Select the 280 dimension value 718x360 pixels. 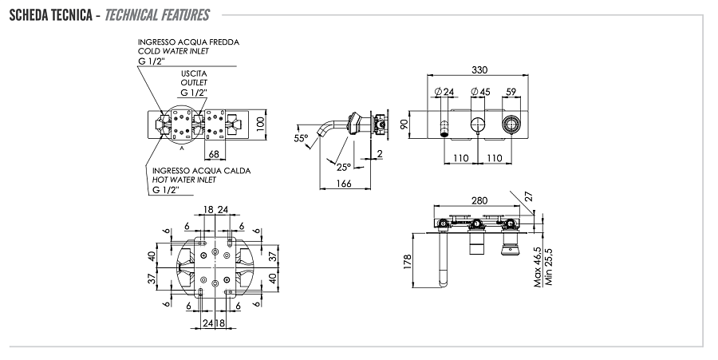(479, 201)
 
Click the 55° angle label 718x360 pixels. (301, 138)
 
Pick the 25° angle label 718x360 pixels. (342, 167)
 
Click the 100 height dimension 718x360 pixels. (259, 125)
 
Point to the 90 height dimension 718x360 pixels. (404, 123)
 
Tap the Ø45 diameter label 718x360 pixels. (480, 92)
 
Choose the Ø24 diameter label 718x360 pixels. (444, 92)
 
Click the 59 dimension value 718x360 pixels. (511, 92)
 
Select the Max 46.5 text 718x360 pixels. (538, 267)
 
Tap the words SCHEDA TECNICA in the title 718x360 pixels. (49, 15)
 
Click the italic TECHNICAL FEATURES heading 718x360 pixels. (157, 15)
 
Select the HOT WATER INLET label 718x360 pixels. (184, 180)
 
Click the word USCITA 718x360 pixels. (193, 73)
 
